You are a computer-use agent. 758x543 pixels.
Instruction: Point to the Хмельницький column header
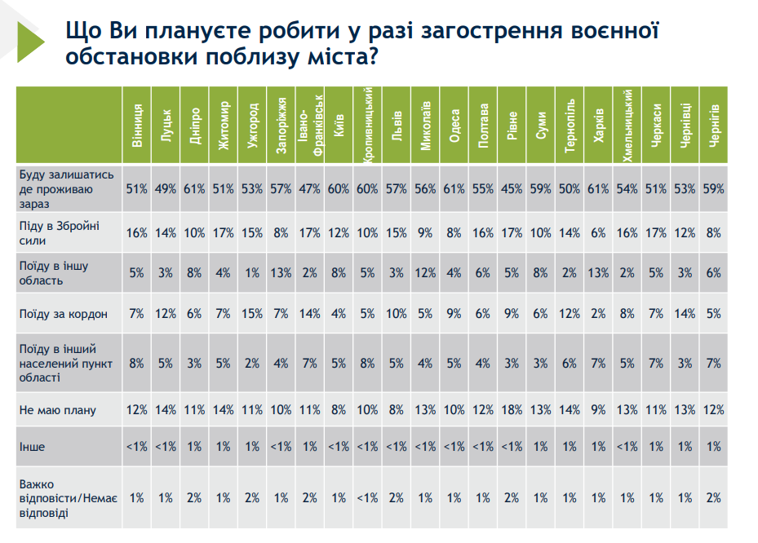coord(627,122)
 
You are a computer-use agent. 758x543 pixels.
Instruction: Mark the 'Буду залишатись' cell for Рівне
coord(512,189)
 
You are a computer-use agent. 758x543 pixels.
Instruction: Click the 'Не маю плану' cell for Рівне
coord(512,410)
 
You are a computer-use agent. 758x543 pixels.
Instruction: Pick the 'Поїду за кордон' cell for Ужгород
coord(252,314)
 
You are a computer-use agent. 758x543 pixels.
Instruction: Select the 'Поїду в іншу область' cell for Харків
coord(598,274)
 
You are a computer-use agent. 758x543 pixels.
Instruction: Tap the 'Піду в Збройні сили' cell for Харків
coord(598,232)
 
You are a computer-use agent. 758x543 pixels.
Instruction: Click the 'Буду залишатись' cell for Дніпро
coord(194,189)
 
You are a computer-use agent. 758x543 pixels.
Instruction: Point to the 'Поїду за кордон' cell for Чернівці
coord(684,314)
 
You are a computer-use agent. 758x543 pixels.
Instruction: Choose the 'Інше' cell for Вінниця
coord(136,447)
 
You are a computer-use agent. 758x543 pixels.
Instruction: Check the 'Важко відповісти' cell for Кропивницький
coord(367,497)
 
